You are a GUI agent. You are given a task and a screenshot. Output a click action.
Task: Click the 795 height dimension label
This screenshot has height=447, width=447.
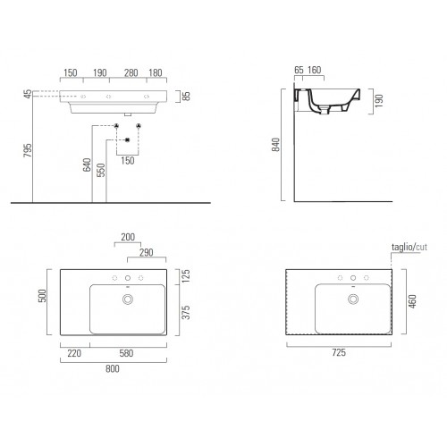pyautogui.click(x=28, y=150)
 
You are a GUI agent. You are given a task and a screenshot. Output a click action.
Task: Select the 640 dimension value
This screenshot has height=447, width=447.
pyautogui.click(x=87, y=164)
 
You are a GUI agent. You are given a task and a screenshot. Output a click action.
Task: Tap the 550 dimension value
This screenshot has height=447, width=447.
pyautogui.click(x=101, y=170)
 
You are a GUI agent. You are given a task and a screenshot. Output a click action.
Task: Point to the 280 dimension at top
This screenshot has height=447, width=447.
pyautogui.click(x=131, y=72)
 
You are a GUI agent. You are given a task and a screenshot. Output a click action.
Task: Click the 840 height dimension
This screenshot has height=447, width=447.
pyautogui.click(x=276, y=145)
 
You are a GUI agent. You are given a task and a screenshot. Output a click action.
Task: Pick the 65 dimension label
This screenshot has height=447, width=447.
pyautogui.click(x=299, y=70)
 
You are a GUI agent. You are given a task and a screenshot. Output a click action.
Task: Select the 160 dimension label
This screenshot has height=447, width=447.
pyautogui.click(x=315, y=70)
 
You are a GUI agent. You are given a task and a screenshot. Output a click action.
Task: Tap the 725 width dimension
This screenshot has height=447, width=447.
pyautogui.click(x=339, y=352)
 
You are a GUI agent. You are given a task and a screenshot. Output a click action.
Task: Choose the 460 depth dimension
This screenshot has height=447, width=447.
pyautogui.click(x=413, y=301)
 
